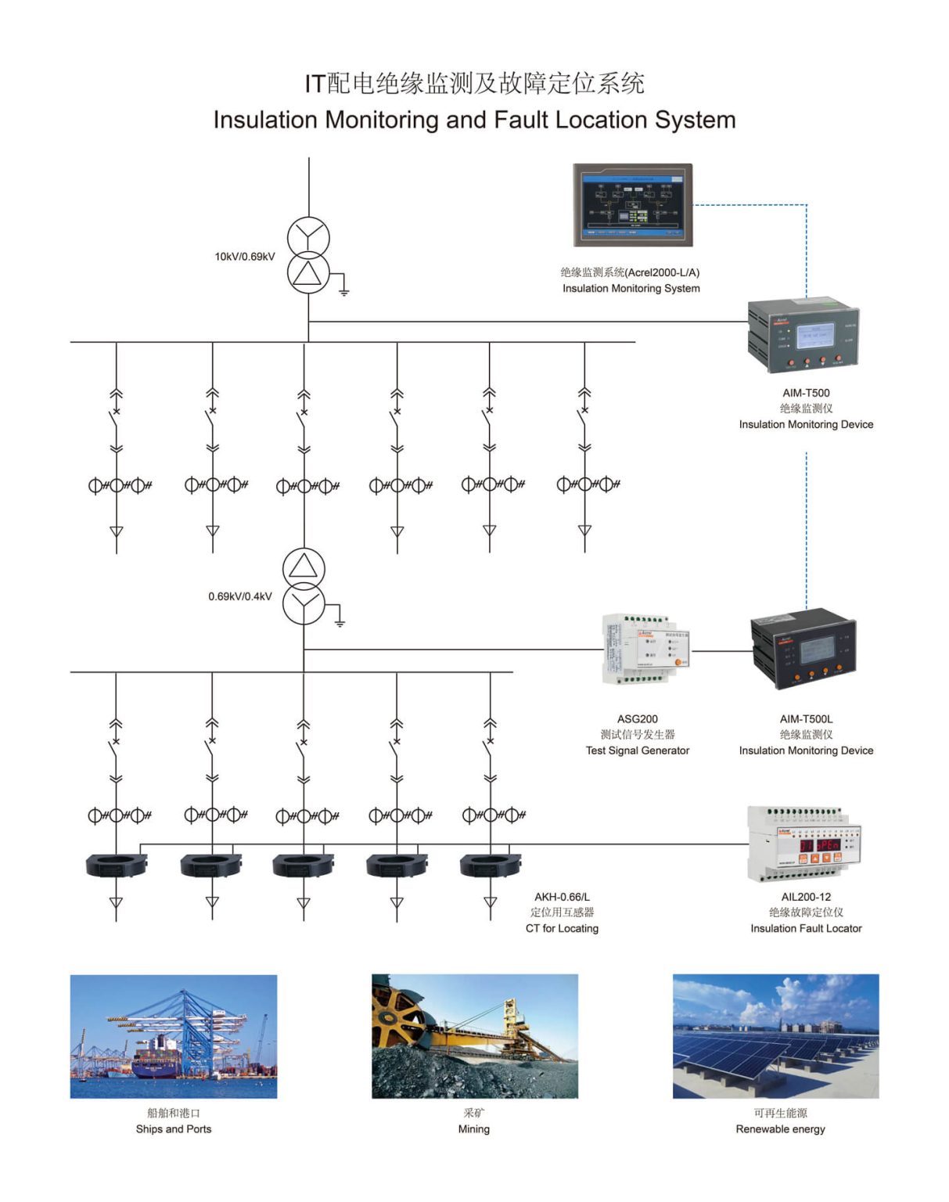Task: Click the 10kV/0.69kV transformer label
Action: pos(245,257)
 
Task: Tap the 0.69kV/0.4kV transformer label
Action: pos(240,596)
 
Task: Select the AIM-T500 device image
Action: pos(804,334)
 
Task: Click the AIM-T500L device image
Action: pos(803,649)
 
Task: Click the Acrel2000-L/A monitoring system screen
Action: pos(633,205)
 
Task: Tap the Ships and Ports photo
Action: pos(174,1036)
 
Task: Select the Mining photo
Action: pos(474,1036)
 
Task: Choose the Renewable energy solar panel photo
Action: pos(775,1036)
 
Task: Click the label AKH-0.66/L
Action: pos(562,897)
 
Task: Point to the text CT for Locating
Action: pos(562,929)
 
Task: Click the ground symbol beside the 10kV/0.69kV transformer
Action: pos(343,291)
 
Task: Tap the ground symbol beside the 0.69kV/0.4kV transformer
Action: pos(340,622)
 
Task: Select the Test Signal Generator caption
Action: pos(638,750)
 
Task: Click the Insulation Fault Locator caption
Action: pos(806,929)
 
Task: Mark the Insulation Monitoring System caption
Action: pos(631,289)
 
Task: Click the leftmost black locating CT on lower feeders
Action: pos(116,865)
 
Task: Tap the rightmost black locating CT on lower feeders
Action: pos(491,865)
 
